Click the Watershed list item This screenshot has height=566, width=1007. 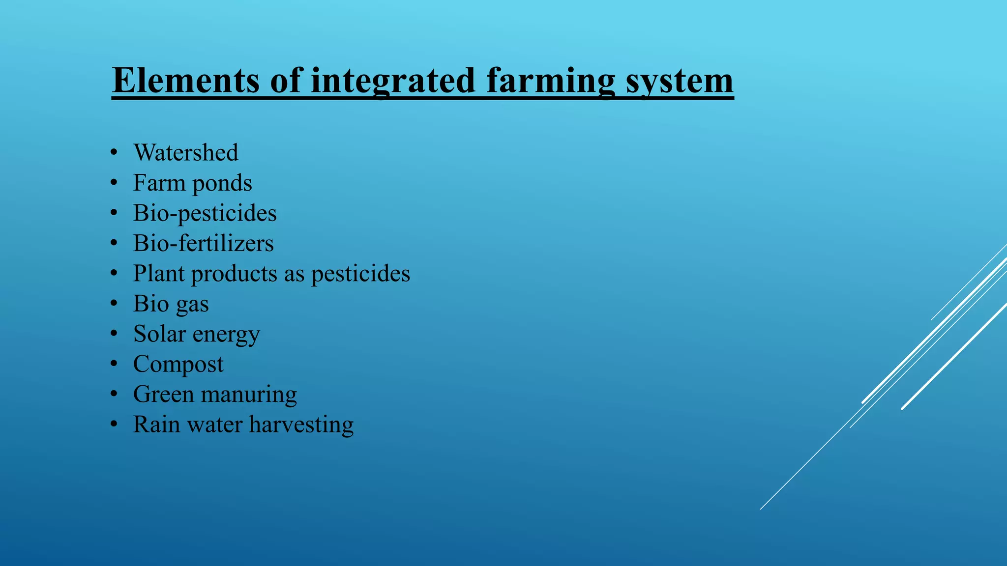[x=186, y=152]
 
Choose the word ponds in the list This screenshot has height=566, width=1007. [x=222, y=184]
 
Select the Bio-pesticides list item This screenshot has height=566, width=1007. [x=205, y=213]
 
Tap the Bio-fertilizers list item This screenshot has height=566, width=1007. [x=203, y=243]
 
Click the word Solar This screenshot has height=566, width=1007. [x=159, y=334]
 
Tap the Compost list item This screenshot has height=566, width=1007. [x=178, y=365]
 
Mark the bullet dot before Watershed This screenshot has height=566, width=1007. [x=114, y=153]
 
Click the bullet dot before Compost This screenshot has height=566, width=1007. [x=114, y=364]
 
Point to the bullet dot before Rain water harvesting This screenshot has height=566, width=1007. [x=114, y=424]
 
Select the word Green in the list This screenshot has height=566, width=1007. [x=163, y=394]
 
